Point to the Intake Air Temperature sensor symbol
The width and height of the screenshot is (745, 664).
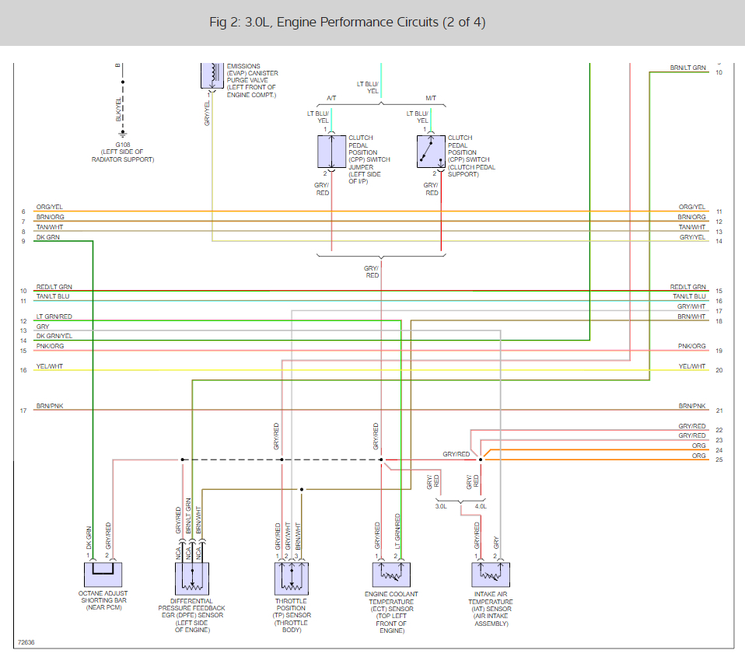pos(490,575)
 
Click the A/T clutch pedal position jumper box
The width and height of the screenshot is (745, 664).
pos(331,152)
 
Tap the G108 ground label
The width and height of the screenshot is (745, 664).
pos(123,145)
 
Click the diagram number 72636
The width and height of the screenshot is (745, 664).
pos(26,643)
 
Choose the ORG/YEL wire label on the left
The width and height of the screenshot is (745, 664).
pos(50,207)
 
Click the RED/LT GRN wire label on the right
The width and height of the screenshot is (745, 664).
pos(687,287)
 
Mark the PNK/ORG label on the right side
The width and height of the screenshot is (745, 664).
pos(692,346)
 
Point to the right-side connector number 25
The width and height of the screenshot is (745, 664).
pos(719,460)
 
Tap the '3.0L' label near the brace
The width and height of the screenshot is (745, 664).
pos(441,506)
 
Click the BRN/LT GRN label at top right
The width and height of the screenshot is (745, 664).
pos(687,68)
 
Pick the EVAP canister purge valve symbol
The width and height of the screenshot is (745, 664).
pos(211,74)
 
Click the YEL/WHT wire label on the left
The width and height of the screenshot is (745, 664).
pos(50,366)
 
